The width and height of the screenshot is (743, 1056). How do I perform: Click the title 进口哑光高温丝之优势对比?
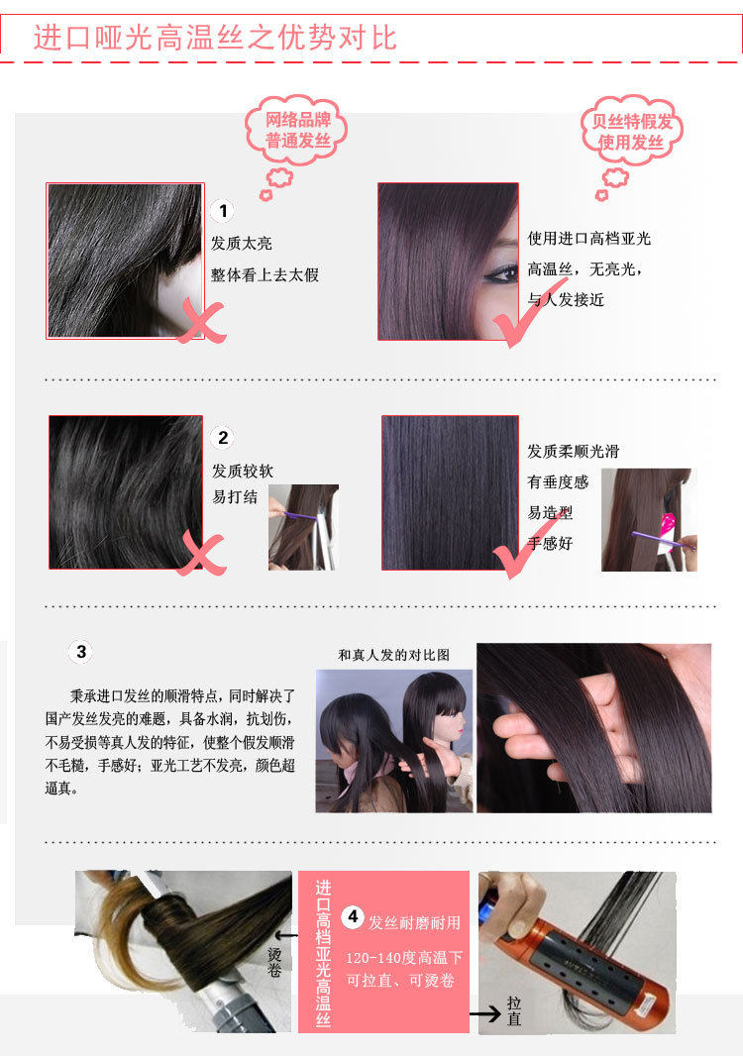pos(215,37)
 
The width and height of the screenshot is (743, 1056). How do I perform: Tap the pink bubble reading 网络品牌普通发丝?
pos(296,131)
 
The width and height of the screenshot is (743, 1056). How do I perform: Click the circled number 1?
pos(224,211)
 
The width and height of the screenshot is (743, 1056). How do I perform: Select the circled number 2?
pos(224,438)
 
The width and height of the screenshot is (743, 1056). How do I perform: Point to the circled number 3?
pos(81,652)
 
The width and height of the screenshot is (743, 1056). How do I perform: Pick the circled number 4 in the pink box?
pos(352,917)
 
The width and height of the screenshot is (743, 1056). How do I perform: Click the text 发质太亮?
pos(241,244)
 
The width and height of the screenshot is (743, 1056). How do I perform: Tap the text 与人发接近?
pos(566,299)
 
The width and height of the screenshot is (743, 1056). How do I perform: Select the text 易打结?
pos(234,497)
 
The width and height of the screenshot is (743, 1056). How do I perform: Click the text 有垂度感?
pos(558,482)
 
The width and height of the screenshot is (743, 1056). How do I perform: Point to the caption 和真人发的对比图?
pos(393,655)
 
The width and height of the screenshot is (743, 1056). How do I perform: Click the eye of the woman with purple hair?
pos(503,272)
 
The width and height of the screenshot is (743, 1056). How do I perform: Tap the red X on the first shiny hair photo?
pos(201,322)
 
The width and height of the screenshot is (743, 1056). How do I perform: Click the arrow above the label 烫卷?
pos(284,933)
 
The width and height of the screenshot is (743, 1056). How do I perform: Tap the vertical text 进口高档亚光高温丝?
pos(322,951)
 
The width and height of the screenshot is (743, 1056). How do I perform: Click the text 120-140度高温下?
pos(404,959)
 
